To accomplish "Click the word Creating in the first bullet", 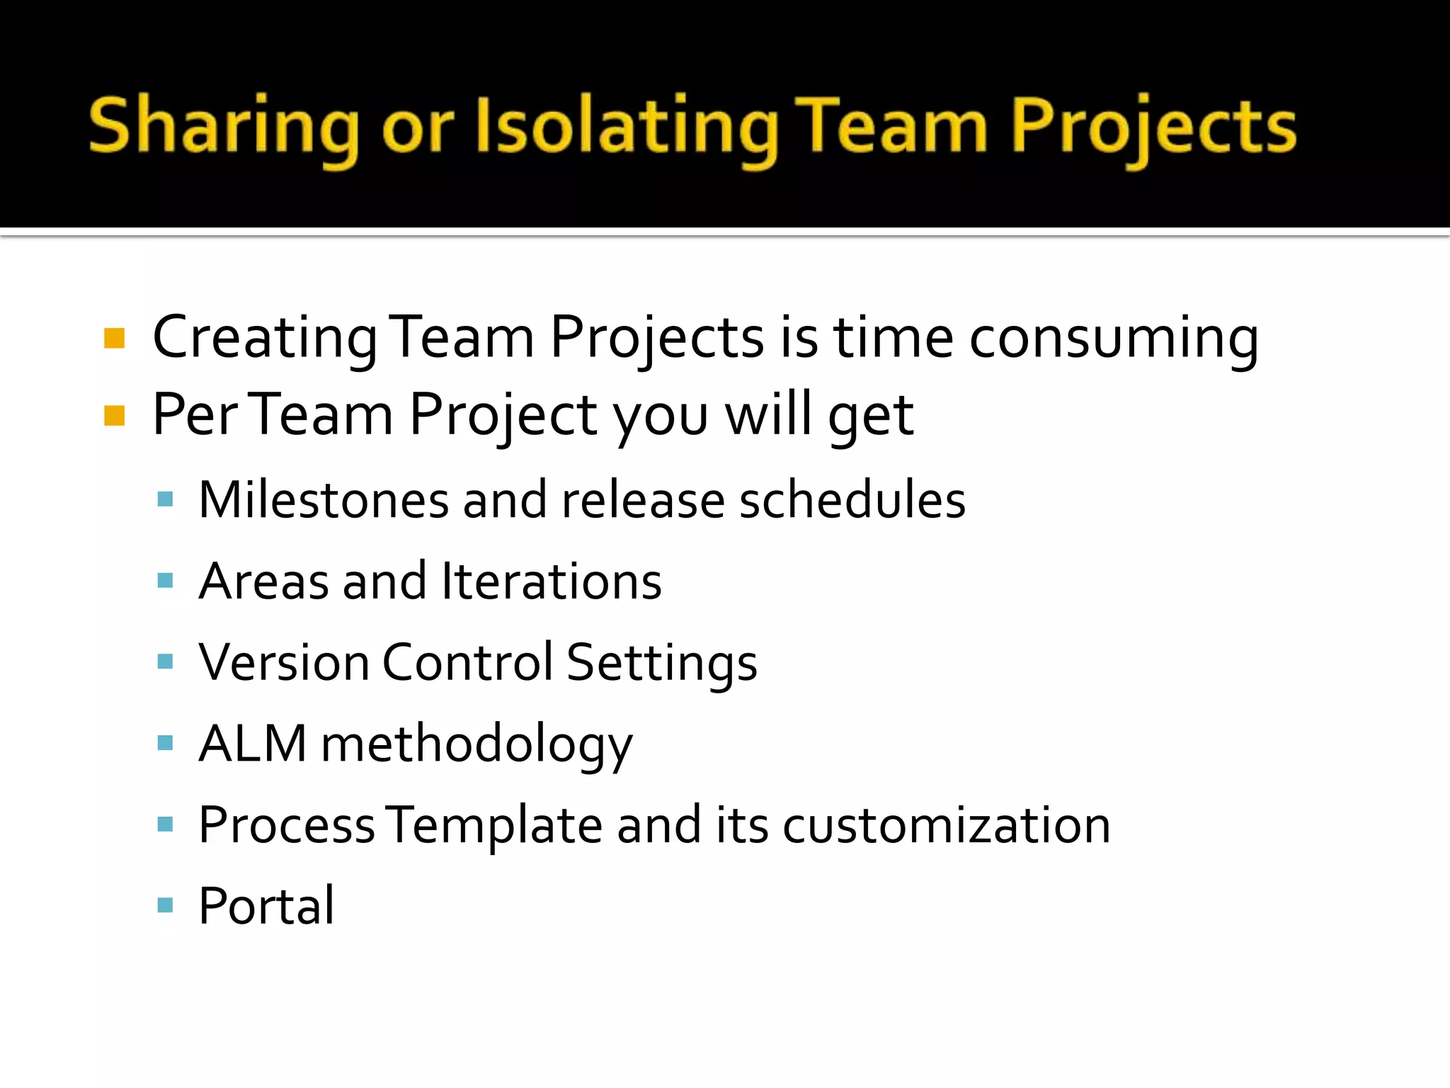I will (x=265, y=339).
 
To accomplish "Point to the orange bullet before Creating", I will (x=114, y=339).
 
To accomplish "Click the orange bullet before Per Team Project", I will (x=114, y=416).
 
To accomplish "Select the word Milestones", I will (x=324, y=500).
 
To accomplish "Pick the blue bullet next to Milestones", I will (x=165, y=500).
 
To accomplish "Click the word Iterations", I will (x=551, y=582).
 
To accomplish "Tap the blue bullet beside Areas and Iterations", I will (x=165, y=582).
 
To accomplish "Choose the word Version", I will (x=284, y=662).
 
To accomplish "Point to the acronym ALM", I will (x=253, y=744).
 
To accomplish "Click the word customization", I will (x=946, y=825).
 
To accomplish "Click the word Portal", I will (x=266, y=906).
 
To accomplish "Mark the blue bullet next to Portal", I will (x=165, y=905).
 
